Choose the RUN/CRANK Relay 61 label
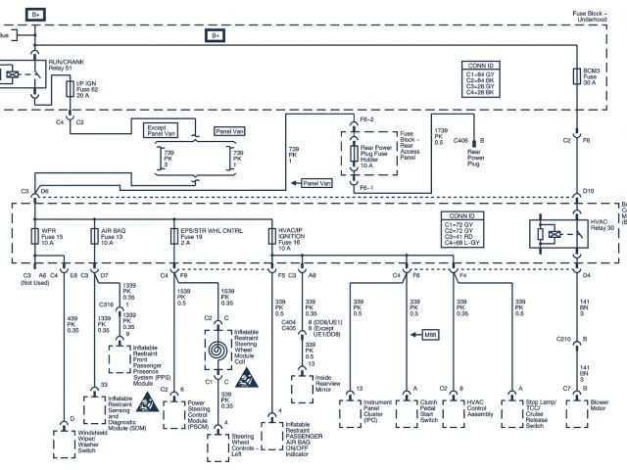(x=67, y=64)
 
